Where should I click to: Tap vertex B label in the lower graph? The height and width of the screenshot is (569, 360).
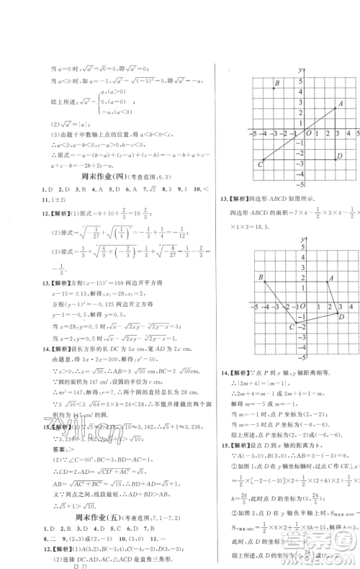261,277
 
